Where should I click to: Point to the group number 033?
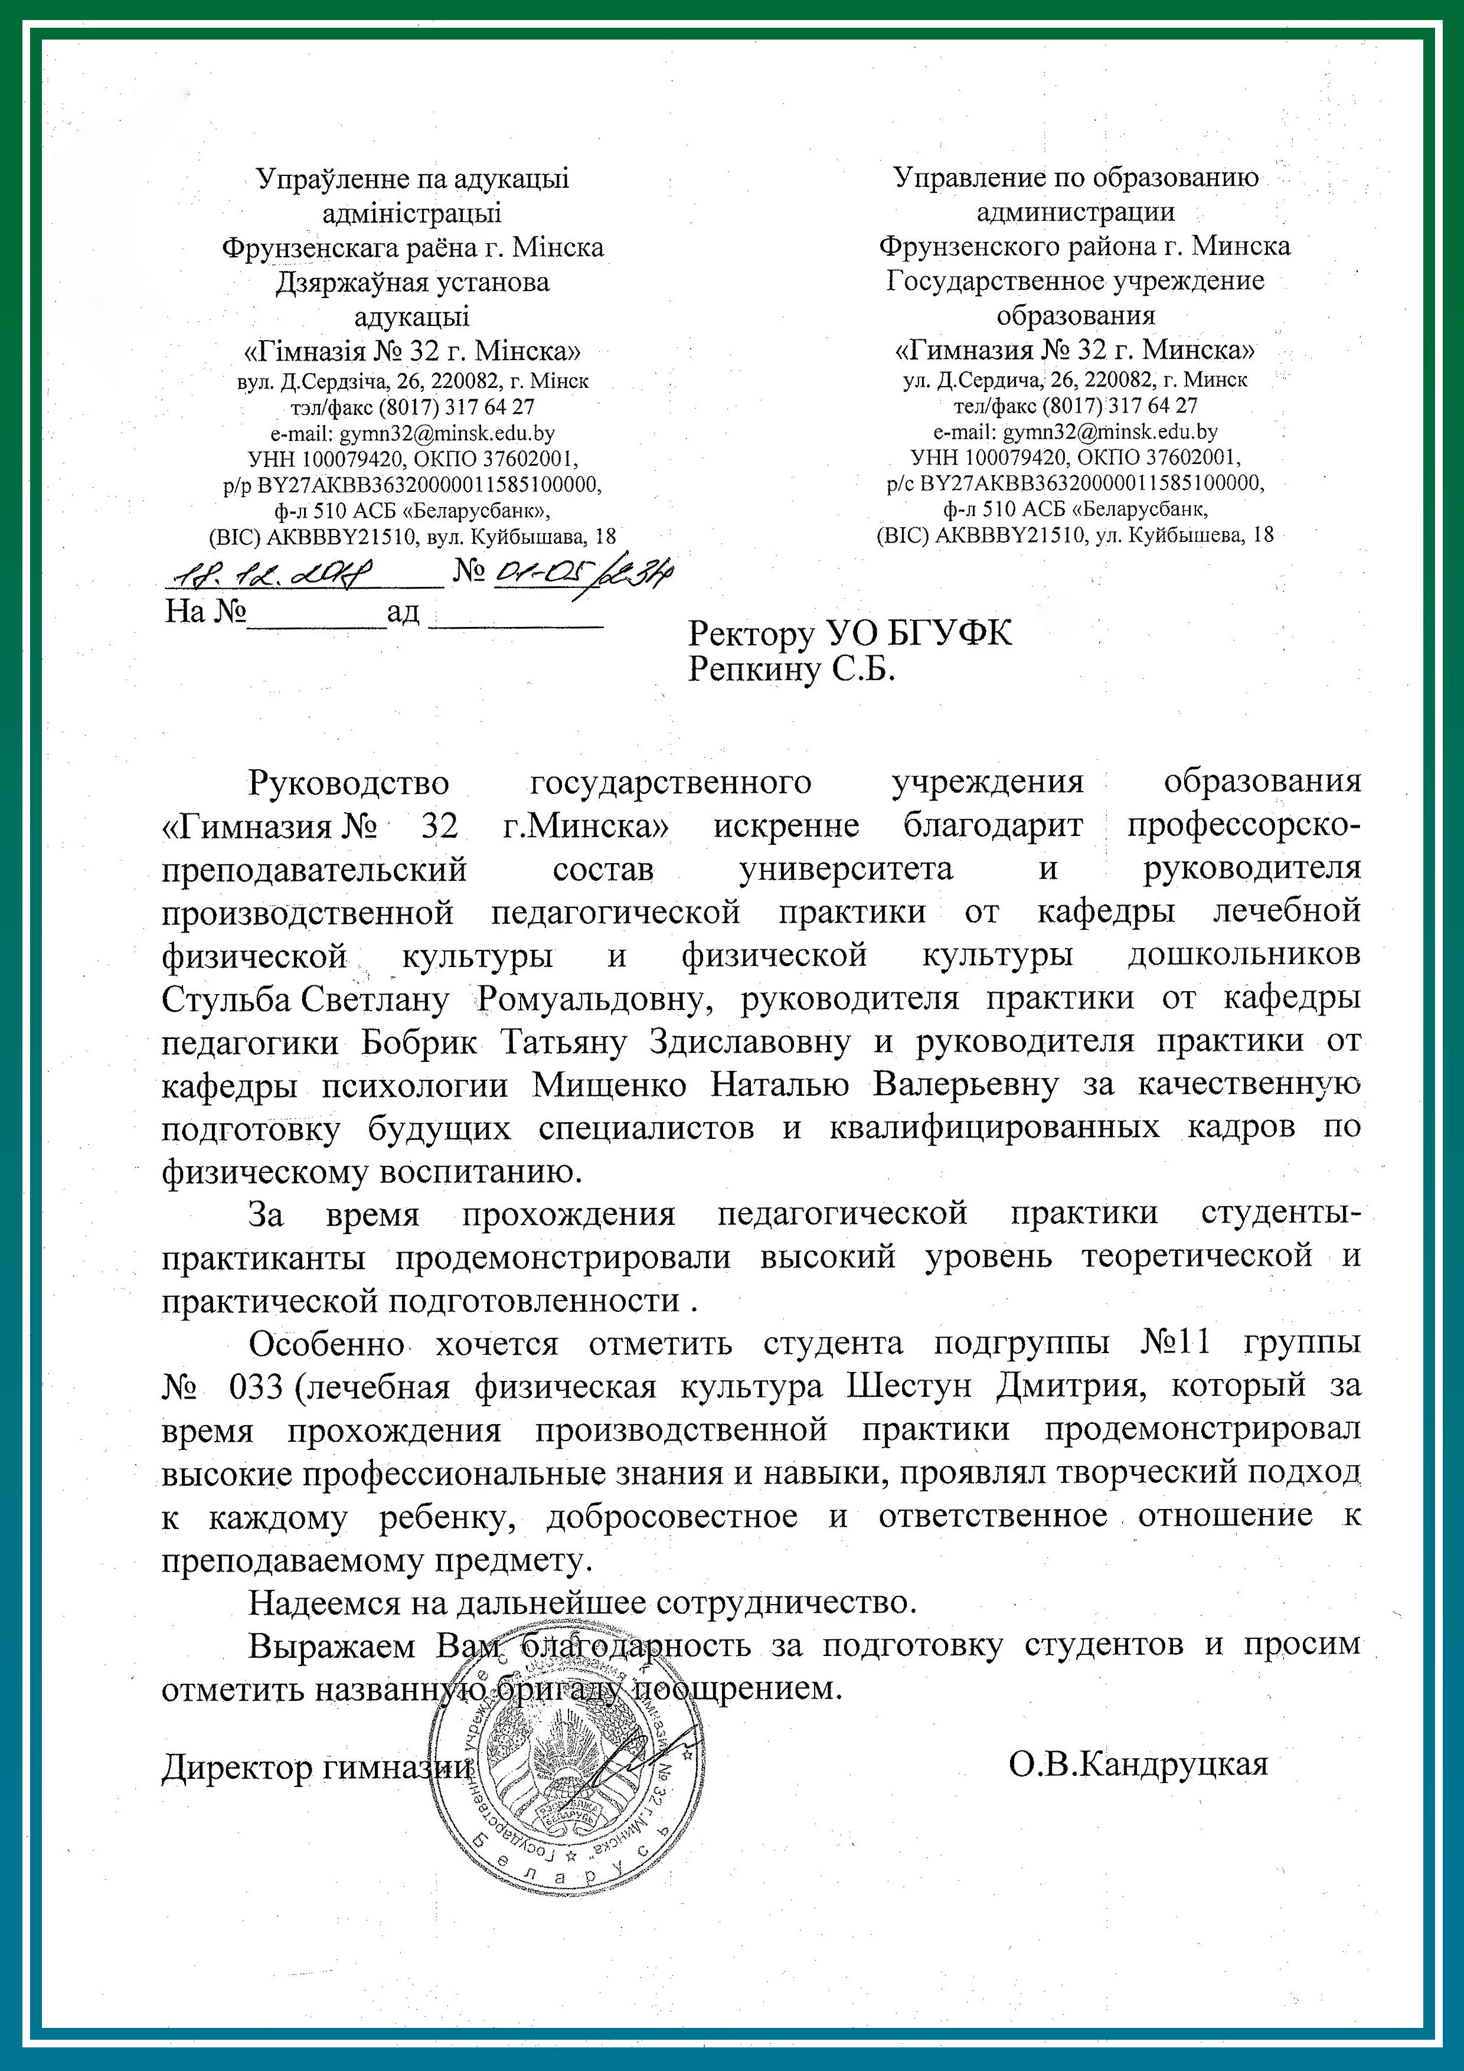[256, 1386]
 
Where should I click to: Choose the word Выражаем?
[331, 1645]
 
